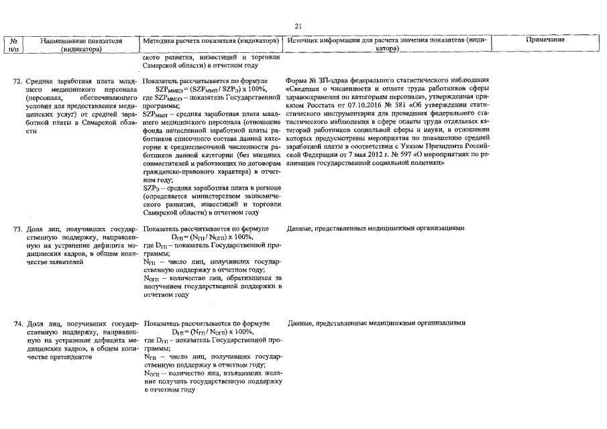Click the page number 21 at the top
[299, 25]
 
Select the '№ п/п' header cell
[15, 45]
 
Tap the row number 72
[19, 80]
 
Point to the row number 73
[19, 229]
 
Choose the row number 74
[19, 323]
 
